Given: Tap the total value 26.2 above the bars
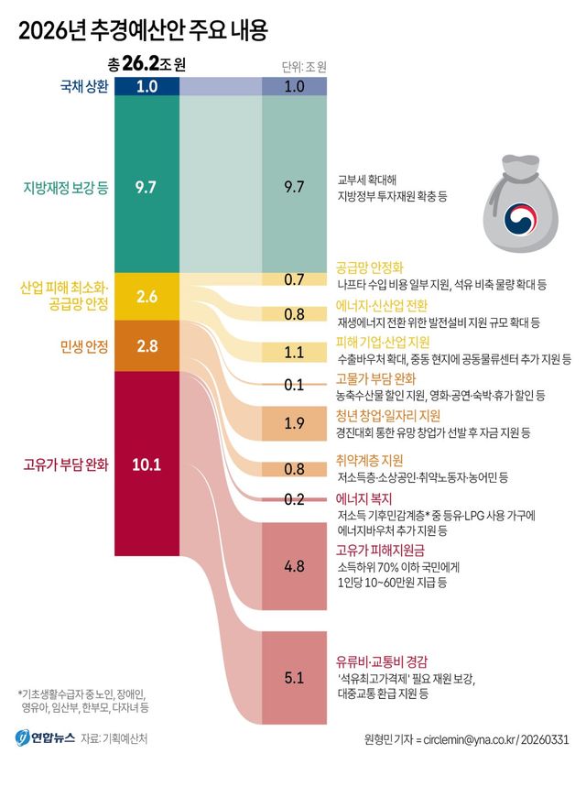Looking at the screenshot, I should (x=146, y=65).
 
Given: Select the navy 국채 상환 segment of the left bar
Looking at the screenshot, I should (x=146, y=86).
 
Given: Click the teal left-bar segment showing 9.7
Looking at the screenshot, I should (x=146, y=187).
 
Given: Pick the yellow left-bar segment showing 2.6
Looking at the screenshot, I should (x=146, y=296).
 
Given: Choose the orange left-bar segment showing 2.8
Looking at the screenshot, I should (x=146, y=345).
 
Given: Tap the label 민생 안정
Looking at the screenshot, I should (x=83, y=345).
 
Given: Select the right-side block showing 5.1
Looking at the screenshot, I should (x=294, y=678).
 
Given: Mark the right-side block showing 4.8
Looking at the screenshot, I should (x=294, y=567).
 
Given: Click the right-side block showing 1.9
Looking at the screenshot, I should (x=294, y=422).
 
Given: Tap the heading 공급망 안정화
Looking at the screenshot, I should (x=369, y=268).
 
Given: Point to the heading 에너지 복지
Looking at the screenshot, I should (x=363, y=498).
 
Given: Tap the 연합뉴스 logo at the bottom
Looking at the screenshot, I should (x=41, y=737).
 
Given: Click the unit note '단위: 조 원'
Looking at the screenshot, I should (x=304, y=66).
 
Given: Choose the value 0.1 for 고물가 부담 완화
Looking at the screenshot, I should (x=294, y=385).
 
